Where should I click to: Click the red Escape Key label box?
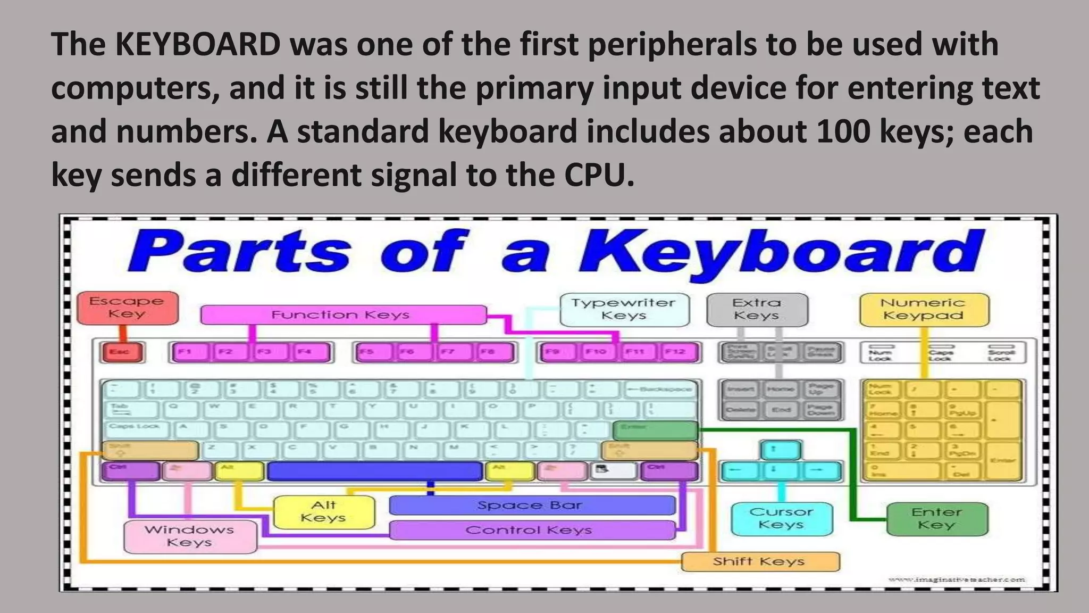click(x=127, y=308)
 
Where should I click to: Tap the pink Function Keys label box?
click(x=343, y=314)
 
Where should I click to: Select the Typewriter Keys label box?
click(x=624, y=309)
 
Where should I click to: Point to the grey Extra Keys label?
click(x=757, y=309)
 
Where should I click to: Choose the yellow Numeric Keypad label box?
click(x=924, y=309)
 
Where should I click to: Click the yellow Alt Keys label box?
click(x=323, y=512)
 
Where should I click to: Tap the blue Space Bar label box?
click(x=532, y=505)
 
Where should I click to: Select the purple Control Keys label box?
click(x=532, y=530)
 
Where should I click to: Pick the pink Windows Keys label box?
click(x=190, y=536)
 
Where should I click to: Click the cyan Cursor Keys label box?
click(x=781, y=518)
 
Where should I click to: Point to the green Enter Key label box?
click(x=937, y=518)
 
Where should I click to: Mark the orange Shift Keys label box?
click(x=760, y=561)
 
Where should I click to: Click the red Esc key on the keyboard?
click(x=122, y=352)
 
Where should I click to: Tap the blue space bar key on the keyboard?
click(x=375, y=471)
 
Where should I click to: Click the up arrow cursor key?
click(x=780, y=450)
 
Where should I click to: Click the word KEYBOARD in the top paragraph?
click(x=198, y=44)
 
